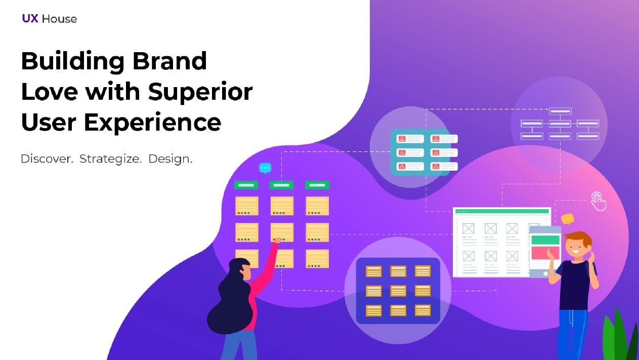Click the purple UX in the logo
[30, 19]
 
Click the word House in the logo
[59, 19]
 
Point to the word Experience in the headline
[152, 123]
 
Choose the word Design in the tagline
[169, 159]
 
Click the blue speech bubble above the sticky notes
[265, 168]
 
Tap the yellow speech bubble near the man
[567, 219]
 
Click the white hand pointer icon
[599, 202]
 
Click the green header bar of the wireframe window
[502, 211]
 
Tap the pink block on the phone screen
[545, 253]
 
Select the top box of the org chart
[560, 111]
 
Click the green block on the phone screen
[545, 240]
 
